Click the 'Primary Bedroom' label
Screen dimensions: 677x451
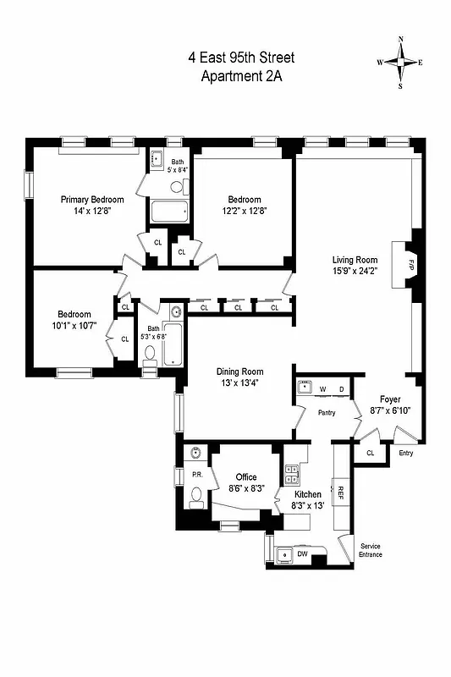tap(92, 200)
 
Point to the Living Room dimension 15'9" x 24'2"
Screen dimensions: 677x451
tap(354, 272)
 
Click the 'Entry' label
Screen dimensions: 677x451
tap(407, 454)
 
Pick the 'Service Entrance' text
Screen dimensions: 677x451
tap(371, 550)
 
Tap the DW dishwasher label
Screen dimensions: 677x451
tap(302, 554)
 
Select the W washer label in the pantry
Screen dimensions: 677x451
tap(322, 389)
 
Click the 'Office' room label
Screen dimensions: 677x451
tap(246, 477)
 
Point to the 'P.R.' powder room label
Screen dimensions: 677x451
tap(196, 475)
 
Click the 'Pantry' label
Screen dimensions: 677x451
tap(327, 414)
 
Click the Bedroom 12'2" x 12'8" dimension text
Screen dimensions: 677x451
tap(245, 211)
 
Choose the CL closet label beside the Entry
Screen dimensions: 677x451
tap(371, 454)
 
